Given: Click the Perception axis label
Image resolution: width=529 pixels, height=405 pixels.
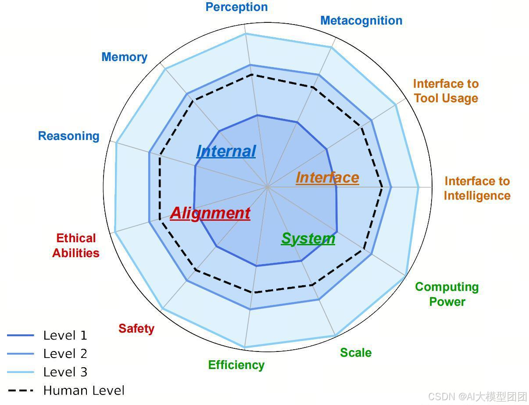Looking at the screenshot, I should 236,7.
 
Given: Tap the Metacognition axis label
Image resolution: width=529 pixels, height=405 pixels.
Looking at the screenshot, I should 361,21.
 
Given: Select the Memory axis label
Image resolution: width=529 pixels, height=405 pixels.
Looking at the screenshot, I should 124,57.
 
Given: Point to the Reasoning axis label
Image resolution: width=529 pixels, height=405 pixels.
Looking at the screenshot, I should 68,136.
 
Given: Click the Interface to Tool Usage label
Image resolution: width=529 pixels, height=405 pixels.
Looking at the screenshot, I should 446,91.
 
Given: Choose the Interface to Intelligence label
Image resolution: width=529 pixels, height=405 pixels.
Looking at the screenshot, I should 477,188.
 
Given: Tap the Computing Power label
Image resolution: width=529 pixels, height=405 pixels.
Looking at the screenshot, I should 447,294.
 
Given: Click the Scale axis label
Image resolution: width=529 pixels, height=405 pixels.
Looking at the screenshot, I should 355,353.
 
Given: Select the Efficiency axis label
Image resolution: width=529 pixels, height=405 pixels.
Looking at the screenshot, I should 236,365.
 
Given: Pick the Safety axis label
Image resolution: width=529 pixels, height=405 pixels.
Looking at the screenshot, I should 136,329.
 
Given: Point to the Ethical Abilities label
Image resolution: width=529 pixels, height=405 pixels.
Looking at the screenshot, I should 75,246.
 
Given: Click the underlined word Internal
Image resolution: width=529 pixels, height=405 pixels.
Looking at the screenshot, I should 225,151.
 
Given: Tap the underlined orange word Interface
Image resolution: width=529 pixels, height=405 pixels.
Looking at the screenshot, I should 327,177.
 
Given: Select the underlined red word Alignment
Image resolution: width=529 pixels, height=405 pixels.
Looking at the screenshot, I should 210,213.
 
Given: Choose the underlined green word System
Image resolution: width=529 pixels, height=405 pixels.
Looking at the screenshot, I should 308,238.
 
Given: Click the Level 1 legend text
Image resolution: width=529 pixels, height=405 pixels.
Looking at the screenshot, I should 65,336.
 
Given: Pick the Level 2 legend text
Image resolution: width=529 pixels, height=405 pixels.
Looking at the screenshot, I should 65,354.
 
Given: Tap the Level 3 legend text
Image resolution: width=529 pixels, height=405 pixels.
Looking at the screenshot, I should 65,372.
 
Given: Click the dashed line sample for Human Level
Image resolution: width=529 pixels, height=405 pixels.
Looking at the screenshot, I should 20,391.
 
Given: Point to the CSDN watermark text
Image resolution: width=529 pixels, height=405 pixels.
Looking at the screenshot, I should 477,397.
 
